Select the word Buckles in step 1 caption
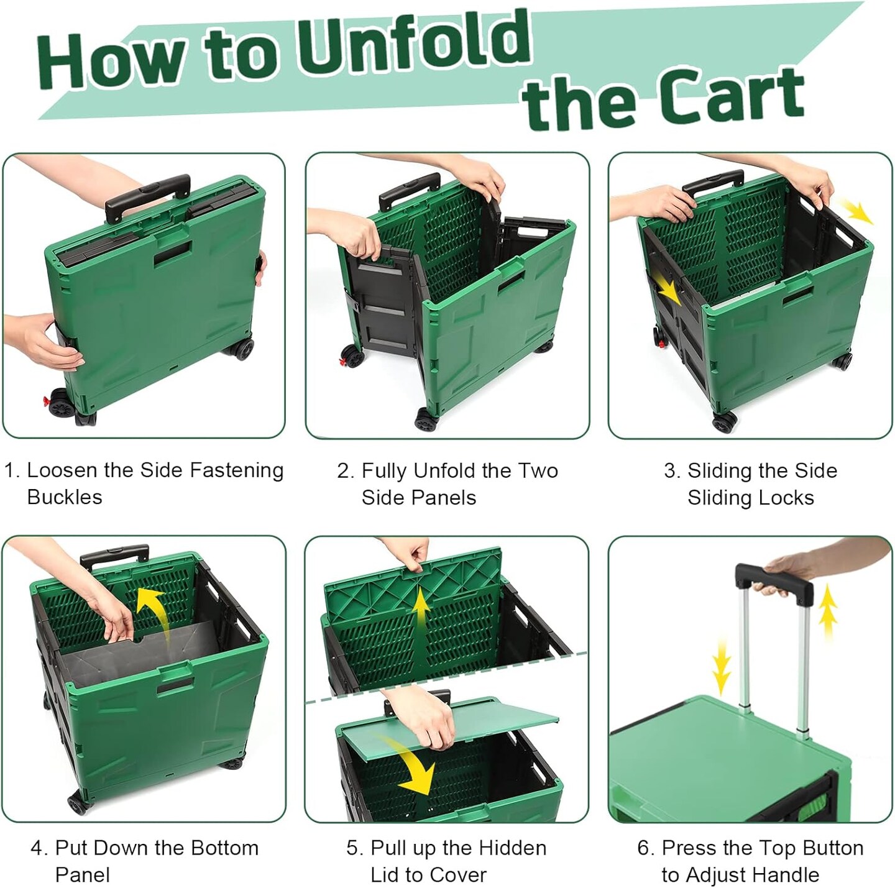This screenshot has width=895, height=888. pyautogui.click(x=65, y=497)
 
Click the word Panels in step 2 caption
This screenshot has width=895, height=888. pyautogui.click(x=445, y=498)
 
